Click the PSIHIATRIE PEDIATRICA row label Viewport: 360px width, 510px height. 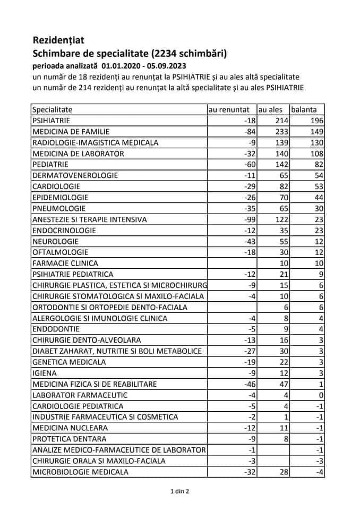(73, 274)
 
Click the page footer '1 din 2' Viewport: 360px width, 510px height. (179, 491)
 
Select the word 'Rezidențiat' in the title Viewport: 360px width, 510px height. (58, 40)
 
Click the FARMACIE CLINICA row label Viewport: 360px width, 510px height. (65, 263)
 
